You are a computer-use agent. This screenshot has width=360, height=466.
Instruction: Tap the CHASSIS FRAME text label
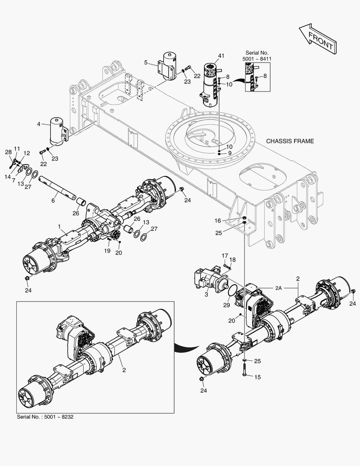(x=290, y=141)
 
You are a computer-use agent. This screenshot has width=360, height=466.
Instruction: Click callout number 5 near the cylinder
(x=146, y=63)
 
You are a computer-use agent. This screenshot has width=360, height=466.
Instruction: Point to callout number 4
(x=38, y=124)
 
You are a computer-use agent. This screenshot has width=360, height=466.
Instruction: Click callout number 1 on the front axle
(x=59, y=226)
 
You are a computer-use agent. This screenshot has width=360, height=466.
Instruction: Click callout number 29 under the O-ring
(x=226, y=305)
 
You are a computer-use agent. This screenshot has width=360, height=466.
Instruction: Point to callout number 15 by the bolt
(x=257, y=377)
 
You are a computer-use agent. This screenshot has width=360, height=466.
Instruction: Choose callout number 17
(x=225, y=256)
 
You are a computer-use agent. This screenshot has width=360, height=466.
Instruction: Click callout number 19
(x=107, y=250)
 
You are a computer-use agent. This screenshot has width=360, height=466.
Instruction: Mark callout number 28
(x=8, y=152)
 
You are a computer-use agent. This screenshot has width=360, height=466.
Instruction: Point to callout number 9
(x=230, y=153)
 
